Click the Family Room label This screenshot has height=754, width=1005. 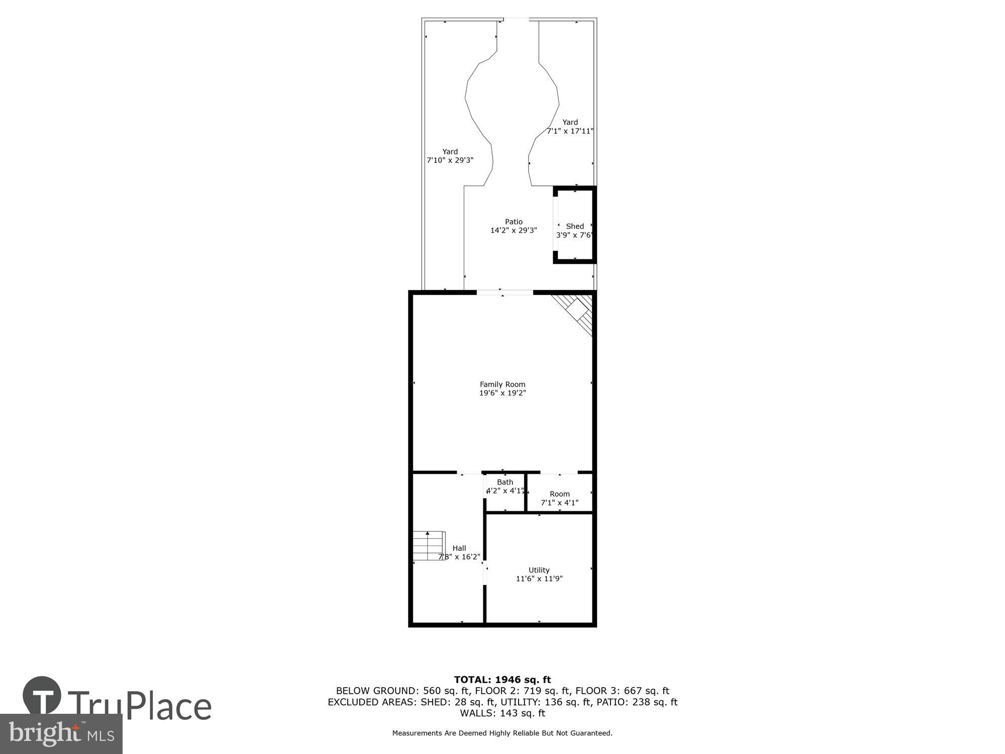[x=502, y=385]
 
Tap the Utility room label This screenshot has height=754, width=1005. [x=539, y=570]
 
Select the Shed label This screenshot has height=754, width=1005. [x=575, y=226]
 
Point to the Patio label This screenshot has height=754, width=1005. [x=514, y=222]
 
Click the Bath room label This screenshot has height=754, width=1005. [x=505, y=482]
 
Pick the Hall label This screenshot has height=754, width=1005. [x=459, y=548]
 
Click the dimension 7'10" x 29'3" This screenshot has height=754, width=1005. [x=450, y=160]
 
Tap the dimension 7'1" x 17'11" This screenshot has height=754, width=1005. [x=570, y=131]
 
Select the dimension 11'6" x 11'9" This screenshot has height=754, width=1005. [x=539, y=579]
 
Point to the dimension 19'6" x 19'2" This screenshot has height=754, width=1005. [x=502, y=393]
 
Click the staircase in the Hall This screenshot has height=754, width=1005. [x=429, y=545]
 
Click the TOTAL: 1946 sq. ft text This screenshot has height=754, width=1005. [x=502, y=680]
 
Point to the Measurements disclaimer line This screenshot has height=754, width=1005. [x=502, y=733]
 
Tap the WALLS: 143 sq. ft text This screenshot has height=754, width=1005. [x=502, y=713]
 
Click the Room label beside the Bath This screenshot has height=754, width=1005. [x=559, y=494]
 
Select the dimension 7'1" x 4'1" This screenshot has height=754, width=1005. [x=559, y=503]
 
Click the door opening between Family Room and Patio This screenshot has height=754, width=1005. [x=505, y=293]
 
